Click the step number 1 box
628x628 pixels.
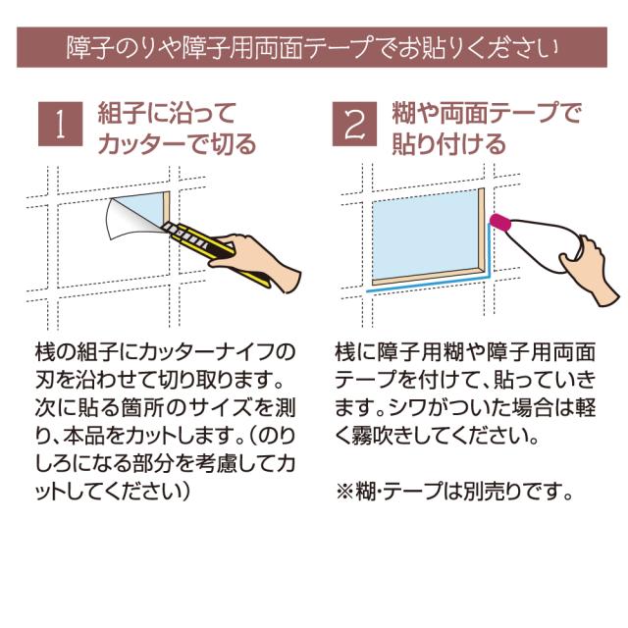tap(61, 124)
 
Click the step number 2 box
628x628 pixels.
tap(354, 124)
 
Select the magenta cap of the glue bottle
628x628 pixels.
tap(500, 224)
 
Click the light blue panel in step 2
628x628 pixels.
tap(425, 235)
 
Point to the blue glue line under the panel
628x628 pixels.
tap(429, 284)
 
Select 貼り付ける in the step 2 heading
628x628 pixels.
tap(449, 144)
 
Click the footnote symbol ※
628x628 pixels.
tap(344, 492)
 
